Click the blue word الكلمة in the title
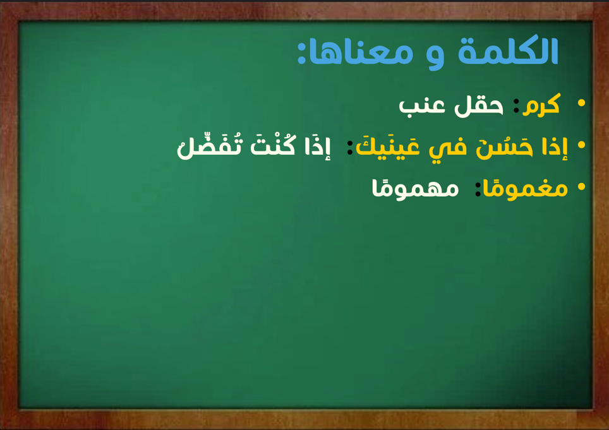coord(508,51)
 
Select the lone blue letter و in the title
coord(435,57)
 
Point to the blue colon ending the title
coord(301,53)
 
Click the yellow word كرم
coord(541,104)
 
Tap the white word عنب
coord(422,106)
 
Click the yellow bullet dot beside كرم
coord(581,102)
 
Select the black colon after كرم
coord(516,106)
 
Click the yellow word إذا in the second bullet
coord(555,147)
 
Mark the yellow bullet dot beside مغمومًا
coord(581,187)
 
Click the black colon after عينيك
coord(350,148)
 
